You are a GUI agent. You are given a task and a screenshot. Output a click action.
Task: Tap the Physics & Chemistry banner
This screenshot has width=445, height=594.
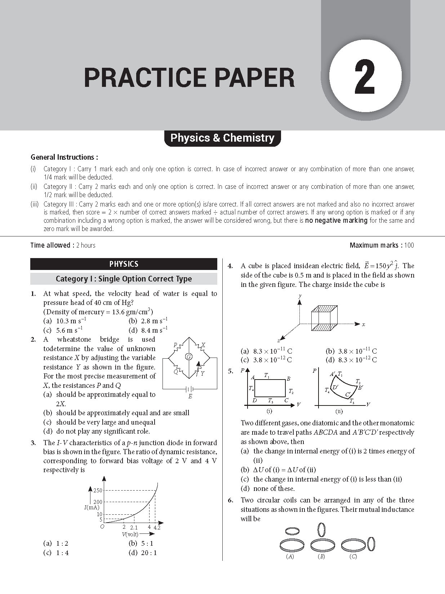click(x=222, y=138)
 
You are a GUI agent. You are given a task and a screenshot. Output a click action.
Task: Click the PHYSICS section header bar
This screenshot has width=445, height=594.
click(x=124, y=264)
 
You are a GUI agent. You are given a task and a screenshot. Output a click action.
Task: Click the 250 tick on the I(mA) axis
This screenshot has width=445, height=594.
click(x=98, y=490)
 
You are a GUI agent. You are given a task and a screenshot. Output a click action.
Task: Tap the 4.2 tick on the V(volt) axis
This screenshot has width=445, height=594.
click(x=157, y=528)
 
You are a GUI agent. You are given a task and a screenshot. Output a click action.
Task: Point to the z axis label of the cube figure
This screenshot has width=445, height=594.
click(x=279, y=340)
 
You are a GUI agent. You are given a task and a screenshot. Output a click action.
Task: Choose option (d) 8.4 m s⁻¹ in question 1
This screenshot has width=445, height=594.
click(x=148, y=330)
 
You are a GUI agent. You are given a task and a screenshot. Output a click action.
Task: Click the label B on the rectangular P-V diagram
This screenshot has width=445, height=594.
click(x=289, y=378)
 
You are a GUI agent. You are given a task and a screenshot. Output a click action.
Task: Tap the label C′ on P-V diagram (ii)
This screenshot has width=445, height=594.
click(x=348, y=394)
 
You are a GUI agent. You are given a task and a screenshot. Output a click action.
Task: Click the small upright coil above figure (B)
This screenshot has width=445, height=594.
click(x=322, y=530)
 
